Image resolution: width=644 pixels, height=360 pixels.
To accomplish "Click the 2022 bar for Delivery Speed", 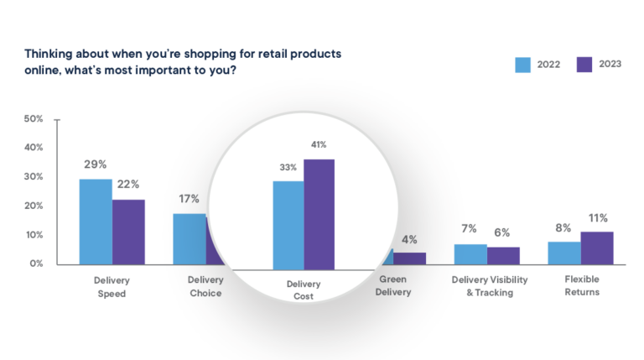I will click(x=96, y=222).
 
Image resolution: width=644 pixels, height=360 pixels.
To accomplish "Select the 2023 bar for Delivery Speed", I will click(x=128, y=232).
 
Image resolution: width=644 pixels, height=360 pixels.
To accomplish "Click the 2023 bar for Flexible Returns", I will click(x=597, y=248).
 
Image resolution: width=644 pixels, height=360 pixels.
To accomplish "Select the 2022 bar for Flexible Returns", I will click(x=564, y=253).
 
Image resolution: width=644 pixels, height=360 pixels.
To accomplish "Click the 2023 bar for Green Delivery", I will click(x=409, y=258).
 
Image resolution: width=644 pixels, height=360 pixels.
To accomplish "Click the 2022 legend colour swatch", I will click(x=523, y=65).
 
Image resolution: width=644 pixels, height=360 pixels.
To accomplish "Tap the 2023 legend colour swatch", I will click(x=584, y=65).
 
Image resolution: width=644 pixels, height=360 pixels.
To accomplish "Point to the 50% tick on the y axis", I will click(x=34, y=119).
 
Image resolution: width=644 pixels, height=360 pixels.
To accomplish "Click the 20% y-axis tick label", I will click(x=34, y=206).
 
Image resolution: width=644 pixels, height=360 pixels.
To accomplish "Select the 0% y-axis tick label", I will click(x=36, y=263).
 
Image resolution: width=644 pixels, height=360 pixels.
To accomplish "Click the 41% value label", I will click(x=319, y=144).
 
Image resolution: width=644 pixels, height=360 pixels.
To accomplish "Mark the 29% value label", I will click(x=95, y=165).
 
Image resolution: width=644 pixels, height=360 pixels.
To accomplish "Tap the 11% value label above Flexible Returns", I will click(x=597, y=218).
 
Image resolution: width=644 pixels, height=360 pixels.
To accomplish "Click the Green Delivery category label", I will click(x=395, y=286).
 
